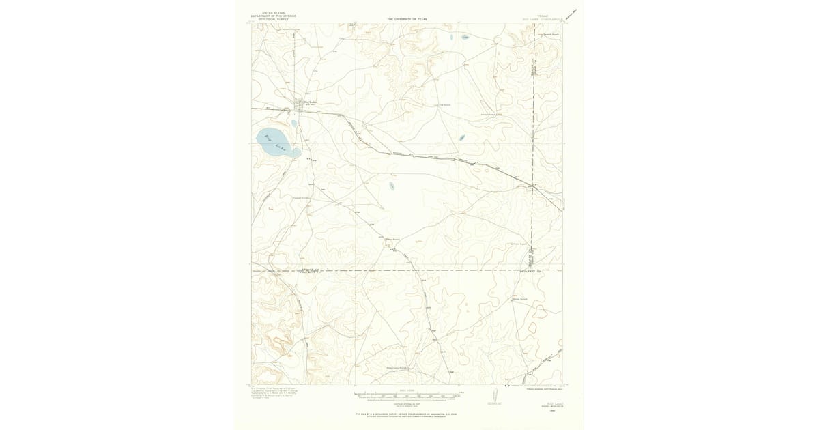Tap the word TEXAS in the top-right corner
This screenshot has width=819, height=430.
tap(543, 15)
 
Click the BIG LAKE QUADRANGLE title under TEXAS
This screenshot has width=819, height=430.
tap(543, 19)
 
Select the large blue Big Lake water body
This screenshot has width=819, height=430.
tap(276, 141)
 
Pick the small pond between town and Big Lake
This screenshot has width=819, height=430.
tap(294, 124)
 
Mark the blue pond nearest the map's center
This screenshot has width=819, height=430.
tap(392, 185)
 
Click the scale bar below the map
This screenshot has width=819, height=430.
tap(408, 395)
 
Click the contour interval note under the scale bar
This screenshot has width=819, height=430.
tap(408, 403)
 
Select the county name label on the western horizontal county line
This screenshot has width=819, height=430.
tap(311, 270)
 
